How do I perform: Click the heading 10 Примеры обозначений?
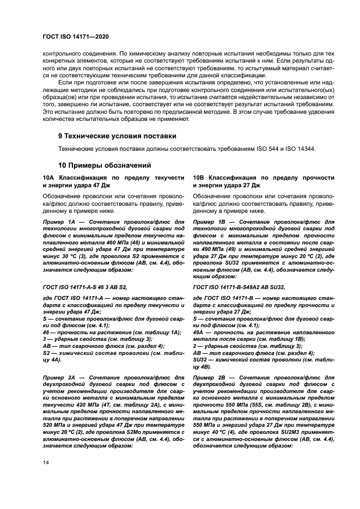tap(105, 165)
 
